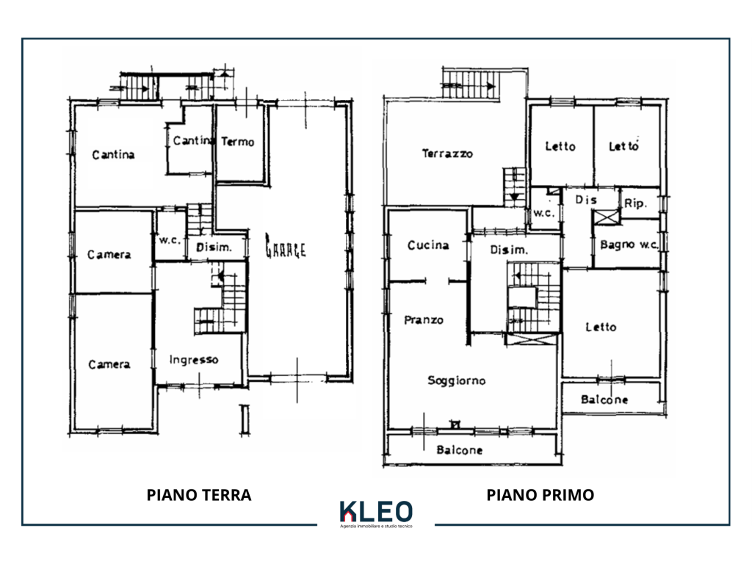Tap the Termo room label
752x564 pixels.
coord(237,142)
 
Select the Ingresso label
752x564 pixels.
coord(194,360)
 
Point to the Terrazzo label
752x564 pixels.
coord(447,153)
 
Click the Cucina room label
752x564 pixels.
coord(428,245)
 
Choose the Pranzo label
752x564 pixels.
coord(424,320)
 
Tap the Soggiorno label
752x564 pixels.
coord(457,380)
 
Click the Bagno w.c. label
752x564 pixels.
coord(629,245)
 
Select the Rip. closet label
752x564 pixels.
coord(635,203)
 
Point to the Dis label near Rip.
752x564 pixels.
coord(586,200)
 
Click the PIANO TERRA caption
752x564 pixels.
coord(199,495)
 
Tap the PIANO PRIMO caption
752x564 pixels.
coord(540,495)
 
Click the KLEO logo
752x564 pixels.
coord(376,513)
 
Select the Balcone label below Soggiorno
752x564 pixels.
coord(460,450)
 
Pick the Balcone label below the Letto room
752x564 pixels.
coord(604,399)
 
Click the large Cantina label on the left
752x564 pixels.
coord(113,154)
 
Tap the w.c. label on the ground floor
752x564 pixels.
coord(170,240)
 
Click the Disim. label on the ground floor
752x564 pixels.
coord(214,247)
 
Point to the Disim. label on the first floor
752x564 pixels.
coord(509,250)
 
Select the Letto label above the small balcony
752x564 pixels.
coord(601,327)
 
